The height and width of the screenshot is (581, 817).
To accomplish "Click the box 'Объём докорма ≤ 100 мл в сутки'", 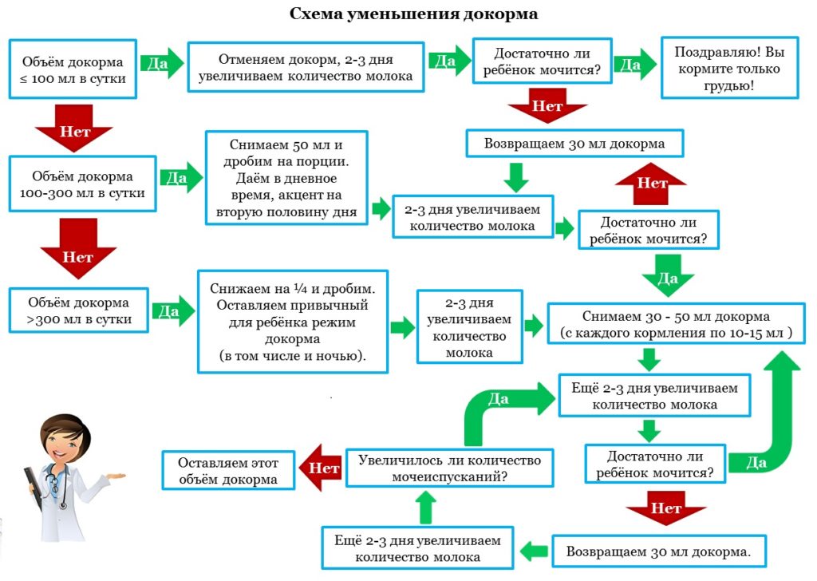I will pyautogui.click(x=73, y=69).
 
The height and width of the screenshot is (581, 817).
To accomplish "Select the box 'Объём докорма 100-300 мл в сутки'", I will pyautogui.click(x=83, y=184).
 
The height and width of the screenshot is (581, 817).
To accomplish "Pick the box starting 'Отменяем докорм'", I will pyautogui.click(x=306, y=68).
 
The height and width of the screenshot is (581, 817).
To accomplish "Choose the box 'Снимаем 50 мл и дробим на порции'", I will pyautogui.click(x=287, y=176).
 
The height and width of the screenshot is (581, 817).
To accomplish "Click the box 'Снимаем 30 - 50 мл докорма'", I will pyautogui.click(x=675, y=323).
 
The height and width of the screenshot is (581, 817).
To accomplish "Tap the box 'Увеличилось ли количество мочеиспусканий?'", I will pyautogui.click(x=449, y=468).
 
